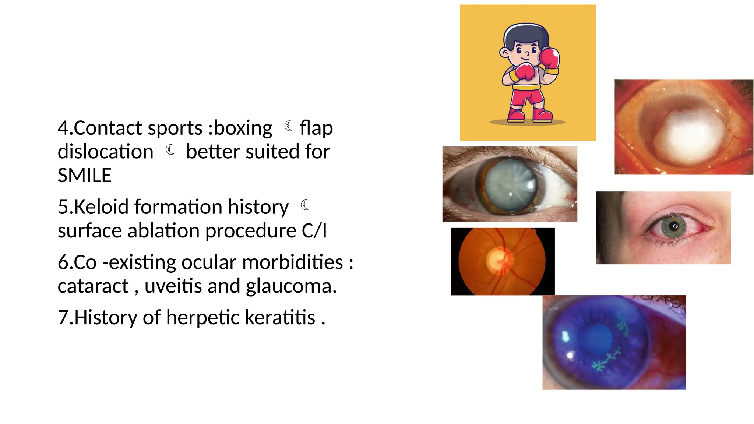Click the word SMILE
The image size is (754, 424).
click(x=84, y=175)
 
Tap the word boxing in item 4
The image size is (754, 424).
click(x=243, y=128)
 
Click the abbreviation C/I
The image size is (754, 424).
click(x=314, y=231)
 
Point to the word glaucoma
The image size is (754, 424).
click(x=291, y=286)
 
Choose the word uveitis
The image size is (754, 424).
click(x=173, y=286)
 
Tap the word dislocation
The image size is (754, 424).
click(x=105, y=152)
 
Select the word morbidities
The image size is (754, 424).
click(x=292, y=262)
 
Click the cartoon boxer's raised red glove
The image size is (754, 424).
click(x=550, y=58)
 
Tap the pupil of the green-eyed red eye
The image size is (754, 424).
click(x=674, y=226)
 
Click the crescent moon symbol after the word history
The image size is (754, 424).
click(x=305, y=205)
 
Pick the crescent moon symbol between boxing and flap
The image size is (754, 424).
click(x=289, y=126)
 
